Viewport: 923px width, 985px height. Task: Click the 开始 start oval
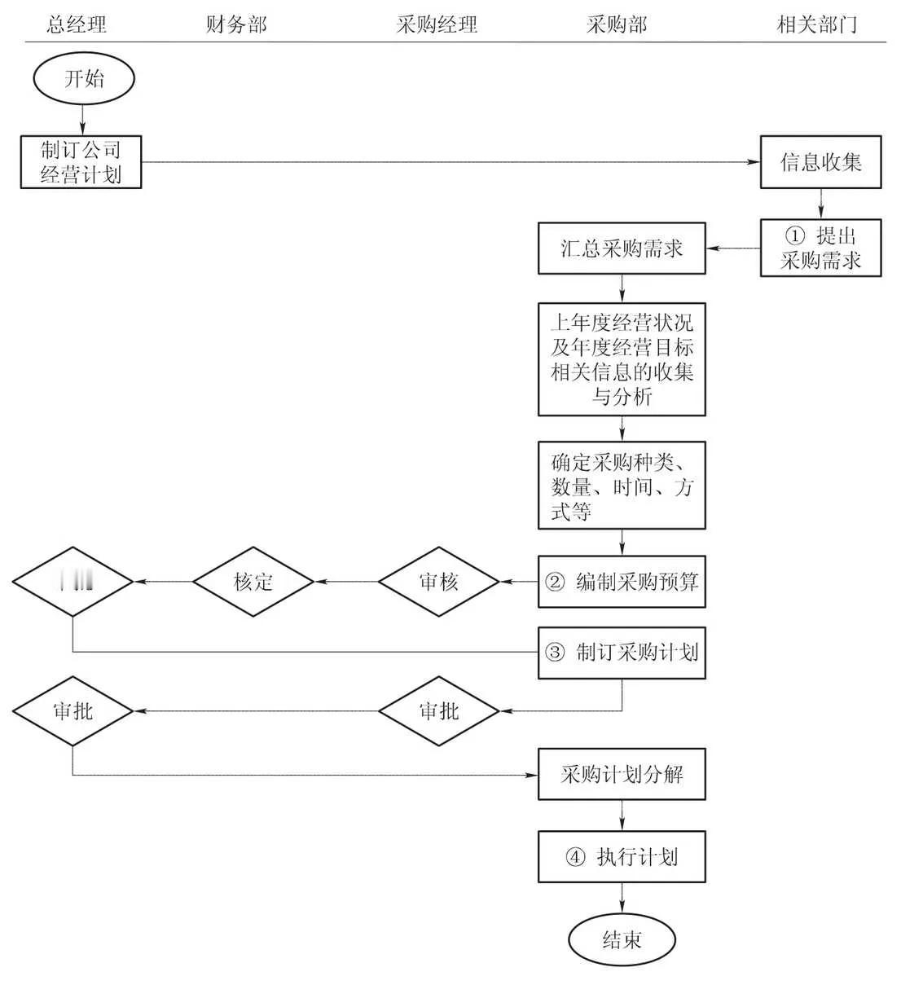84,79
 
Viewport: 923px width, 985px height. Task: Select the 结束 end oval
622,940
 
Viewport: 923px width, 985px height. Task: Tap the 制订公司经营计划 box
81,162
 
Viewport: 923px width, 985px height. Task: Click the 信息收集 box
820,162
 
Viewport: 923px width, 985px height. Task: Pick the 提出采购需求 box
820,248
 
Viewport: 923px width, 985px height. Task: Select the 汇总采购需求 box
622,248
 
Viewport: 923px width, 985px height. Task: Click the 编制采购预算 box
622,582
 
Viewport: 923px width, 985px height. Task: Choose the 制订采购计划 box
622,653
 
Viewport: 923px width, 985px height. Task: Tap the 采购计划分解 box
622,774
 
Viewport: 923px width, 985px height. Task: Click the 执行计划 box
622,857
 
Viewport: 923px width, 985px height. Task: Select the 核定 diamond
253,582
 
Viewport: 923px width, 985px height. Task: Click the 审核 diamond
438,582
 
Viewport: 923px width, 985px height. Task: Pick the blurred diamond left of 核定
73,582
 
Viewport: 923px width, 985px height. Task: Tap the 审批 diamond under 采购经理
438,711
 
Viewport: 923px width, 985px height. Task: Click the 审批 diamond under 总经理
73,711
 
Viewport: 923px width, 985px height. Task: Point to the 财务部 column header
236,24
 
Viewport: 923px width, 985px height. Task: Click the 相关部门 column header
817,24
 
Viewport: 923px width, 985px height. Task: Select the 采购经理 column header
437,24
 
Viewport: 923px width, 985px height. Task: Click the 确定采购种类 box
622,486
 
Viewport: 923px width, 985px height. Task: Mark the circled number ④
575,857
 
